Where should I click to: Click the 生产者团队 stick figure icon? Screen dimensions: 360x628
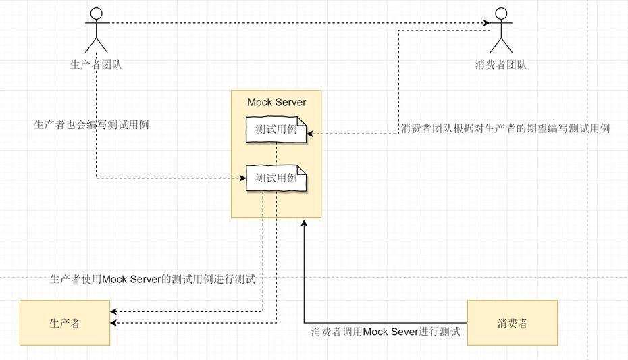97,30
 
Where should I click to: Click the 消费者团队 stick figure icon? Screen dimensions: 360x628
500,30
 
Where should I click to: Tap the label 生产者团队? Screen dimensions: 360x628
97,65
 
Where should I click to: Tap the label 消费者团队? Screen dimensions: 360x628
500,65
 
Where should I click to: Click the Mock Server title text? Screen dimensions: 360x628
276,102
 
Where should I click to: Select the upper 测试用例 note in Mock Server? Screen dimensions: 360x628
276,130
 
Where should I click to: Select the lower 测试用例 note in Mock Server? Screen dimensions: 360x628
276,178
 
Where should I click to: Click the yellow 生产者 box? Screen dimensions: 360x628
65,323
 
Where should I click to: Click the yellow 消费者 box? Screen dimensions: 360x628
512,323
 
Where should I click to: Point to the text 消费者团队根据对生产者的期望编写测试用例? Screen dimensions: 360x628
505,128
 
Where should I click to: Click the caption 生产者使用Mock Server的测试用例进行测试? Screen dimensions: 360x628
153,279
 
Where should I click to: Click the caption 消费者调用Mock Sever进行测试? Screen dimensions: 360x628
385,332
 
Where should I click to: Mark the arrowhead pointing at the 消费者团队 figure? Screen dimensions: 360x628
487,24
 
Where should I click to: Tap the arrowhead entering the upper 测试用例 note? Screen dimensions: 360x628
311,134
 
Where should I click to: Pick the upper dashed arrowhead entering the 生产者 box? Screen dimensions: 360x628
113,311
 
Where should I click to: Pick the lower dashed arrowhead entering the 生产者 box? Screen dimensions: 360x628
113,324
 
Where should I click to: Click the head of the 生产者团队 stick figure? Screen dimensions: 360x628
97,13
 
